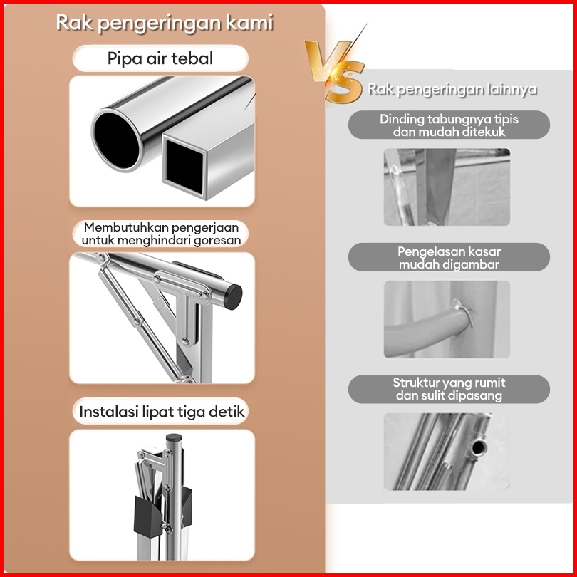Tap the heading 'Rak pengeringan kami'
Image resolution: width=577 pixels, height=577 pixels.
coord(165,23)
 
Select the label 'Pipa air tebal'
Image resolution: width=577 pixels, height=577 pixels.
coord(160,58)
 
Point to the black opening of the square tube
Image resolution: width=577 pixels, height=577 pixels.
coord(184,166)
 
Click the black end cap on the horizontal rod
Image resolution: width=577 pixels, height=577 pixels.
coord(233,296)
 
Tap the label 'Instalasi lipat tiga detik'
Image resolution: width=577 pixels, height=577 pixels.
coord(162,412)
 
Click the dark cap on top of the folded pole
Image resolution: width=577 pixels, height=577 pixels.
coord(174,438)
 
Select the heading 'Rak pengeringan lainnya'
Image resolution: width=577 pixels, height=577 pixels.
coord(452,90)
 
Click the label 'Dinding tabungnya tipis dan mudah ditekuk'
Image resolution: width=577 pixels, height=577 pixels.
coord(449,125)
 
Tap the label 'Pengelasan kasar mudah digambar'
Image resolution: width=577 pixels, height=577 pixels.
coord(449,258)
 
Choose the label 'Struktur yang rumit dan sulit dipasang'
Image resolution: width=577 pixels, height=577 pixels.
coord(449,389)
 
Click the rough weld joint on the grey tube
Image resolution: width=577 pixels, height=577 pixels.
coord(464,313)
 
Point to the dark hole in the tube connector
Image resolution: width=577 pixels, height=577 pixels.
coord(478,448)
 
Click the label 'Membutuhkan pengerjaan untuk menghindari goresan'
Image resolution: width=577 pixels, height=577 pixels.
coord(161,234)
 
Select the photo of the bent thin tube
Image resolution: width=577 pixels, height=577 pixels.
coord(447,187)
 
